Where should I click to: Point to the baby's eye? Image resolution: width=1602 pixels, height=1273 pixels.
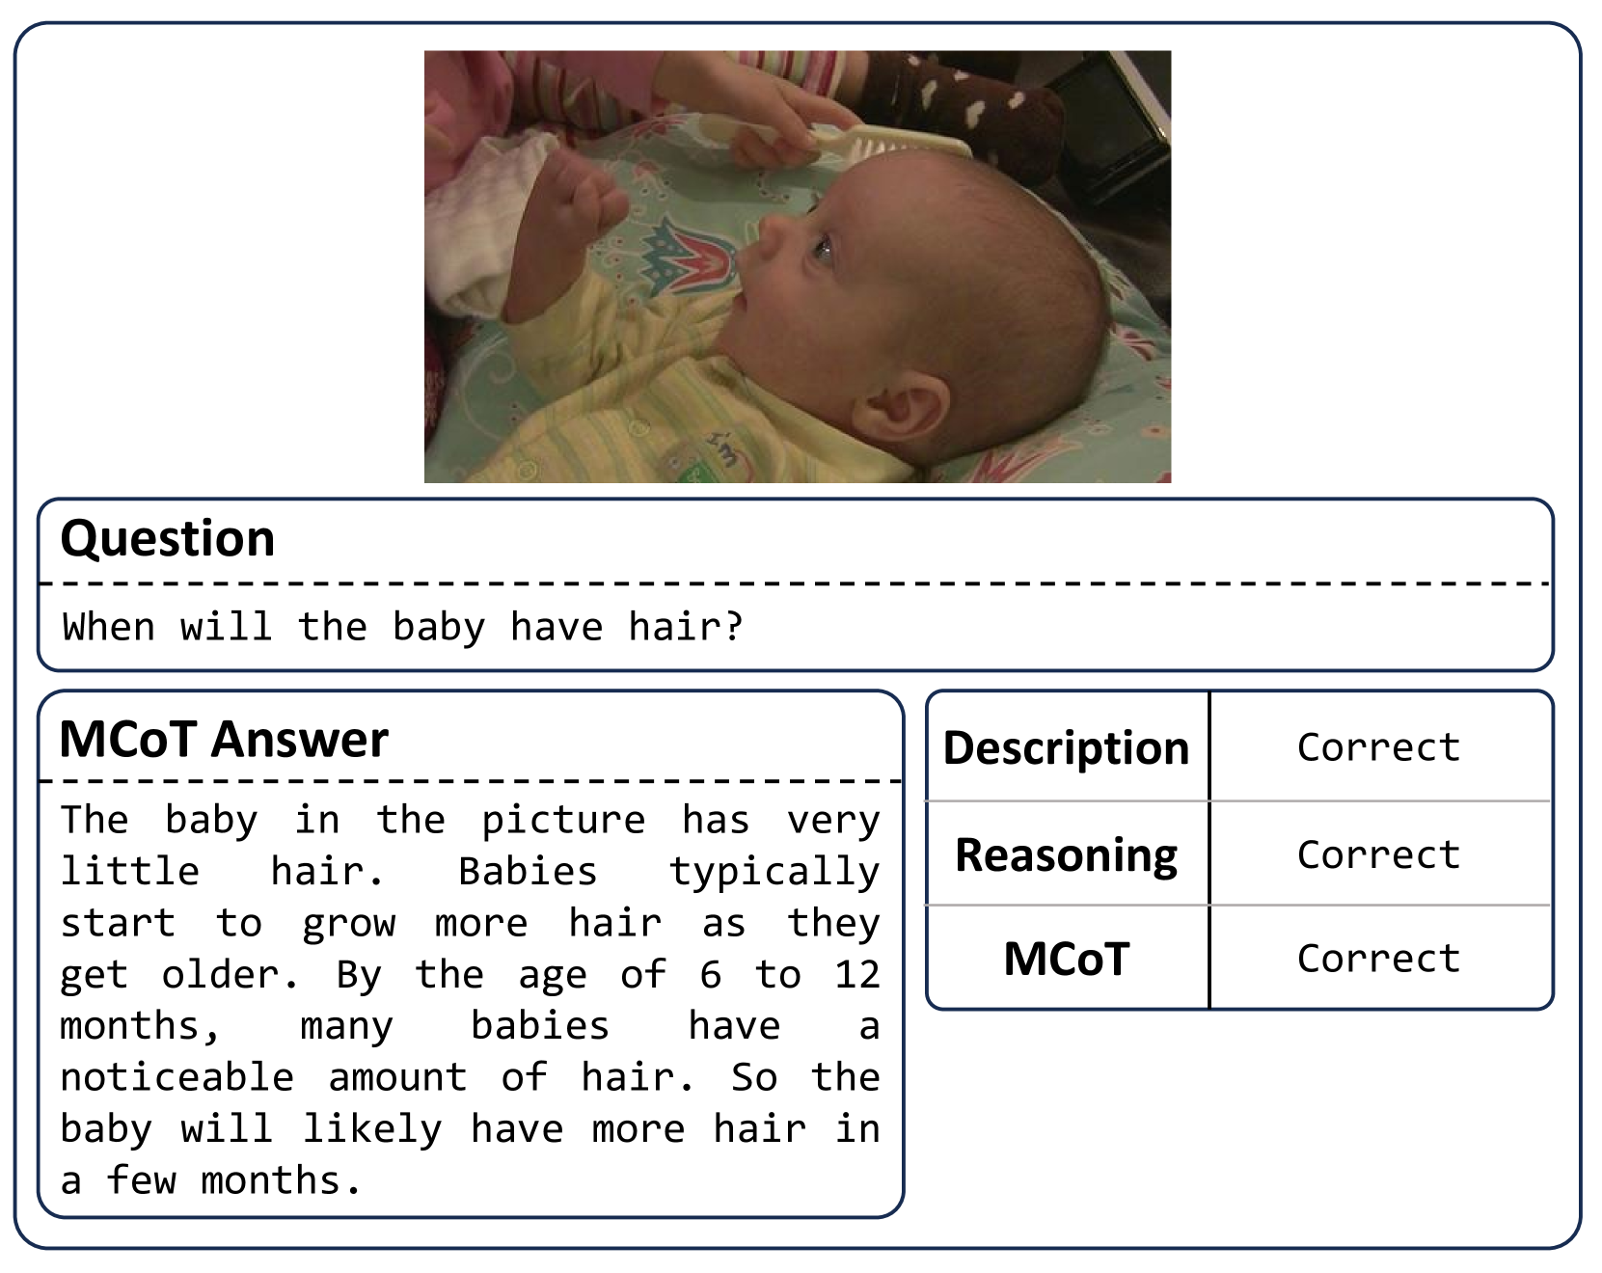823,250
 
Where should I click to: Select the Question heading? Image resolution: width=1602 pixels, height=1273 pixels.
168,538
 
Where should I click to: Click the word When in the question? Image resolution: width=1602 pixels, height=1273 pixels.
109,627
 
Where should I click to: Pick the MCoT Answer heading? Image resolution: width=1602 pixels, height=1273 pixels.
224,740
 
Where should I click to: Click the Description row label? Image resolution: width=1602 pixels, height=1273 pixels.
1067,748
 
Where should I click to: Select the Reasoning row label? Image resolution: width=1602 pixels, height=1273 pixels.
1067,855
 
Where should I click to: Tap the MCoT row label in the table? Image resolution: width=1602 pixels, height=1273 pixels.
1067,960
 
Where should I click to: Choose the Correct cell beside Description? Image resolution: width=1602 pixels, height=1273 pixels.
1379,747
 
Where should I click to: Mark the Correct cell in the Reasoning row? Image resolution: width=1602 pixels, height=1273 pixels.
1379,854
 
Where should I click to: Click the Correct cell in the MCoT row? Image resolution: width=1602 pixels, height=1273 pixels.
1379,959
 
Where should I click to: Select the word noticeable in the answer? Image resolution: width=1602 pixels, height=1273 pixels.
177,1077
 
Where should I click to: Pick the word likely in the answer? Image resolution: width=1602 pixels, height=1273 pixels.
372,1130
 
